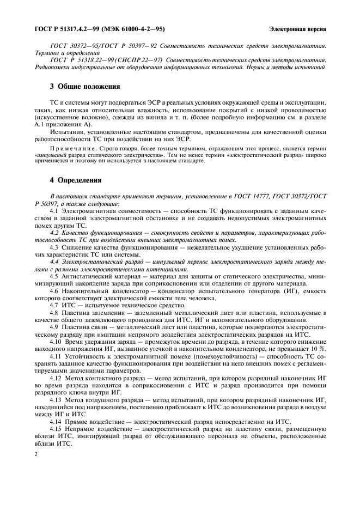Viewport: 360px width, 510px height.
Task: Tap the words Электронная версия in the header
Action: coord(297,28)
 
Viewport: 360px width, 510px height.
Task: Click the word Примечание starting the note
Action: coord(67,149)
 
